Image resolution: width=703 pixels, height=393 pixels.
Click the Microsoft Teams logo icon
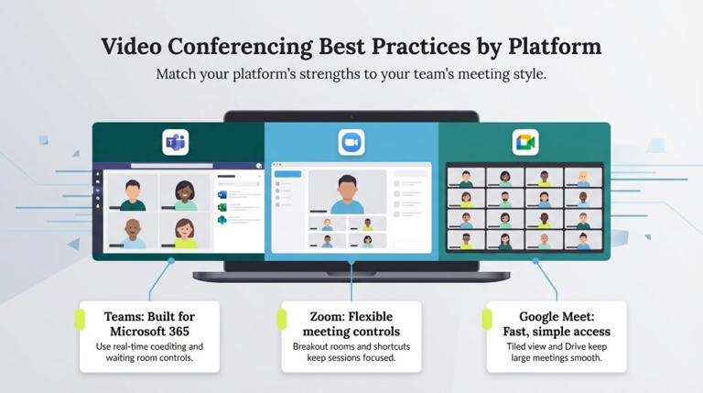[176, 142]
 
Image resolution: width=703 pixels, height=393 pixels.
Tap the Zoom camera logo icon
[351, 142]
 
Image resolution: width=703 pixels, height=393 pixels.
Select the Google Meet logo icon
[525, 142]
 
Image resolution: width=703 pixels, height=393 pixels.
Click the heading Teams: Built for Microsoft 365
[148, 323]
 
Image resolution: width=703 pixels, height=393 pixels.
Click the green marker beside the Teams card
[79, 319]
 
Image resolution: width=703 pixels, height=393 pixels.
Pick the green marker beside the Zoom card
[282, 319]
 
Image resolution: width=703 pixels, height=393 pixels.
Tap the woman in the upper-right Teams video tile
[185, 192]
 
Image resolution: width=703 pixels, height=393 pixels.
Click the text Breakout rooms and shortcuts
[351, 346]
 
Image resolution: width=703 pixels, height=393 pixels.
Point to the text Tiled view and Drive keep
[557, 346]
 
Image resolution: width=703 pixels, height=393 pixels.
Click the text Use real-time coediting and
[149, 346]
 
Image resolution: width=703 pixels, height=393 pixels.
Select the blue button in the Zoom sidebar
[287, 173]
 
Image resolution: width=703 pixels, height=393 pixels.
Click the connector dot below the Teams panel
[172, 260]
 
